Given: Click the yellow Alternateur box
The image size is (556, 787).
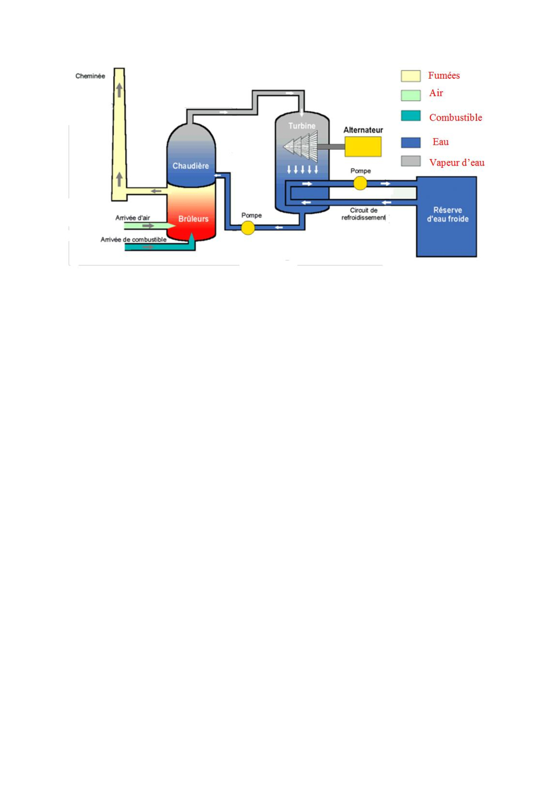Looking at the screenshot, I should [x=363, y=147].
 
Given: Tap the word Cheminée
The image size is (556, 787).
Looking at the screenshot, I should [x=90, y=76].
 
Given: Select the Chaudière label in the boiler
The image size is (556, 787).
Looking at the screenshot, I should [x=191, y=166].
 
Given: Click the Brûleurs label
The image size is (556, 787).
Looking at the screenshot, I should [x=193, y=219].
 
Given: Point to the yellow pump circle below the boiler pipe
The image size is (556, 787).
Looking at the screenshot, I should [x=248, y=228].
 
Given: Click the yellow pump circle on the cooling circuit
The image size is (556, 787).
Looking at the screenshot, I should [x=360, y=183].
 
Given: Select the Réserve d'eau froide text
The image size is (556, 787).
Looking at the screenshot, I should [x=447, y=214].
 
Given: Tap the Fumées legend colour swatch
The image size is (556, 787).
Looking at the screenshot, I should [x=410, y=76].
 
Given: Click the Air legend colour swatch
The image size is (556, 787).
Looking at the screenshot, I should [x=410, y=95].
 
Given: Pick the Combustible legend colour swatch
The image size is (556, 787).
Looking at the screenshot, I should [x=410, y=116].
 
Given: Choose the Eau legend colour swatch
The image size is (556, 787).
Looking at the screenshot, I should [x=410, y=142].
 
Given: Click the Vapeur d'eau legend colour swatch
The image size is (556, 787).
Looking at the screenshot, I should [x=410, y=161].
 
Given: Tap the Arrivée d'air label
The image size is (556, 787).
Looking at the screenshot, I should [x=133, y=218].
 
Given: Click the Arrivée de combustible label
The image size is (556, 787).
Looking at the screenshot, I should [x=134, y=240].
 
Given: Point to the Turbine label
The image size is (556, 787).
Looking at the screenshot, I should [x=302, y=126].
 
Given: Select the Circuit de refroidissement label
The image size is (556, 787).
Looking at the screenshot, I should [x=364, y=214].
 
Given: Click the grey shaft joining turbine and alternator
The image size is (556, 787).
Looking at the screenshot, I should [x=331, y=147].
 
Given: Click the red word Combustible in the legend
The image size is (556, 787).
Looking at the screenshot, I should [x=456, y=118].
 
